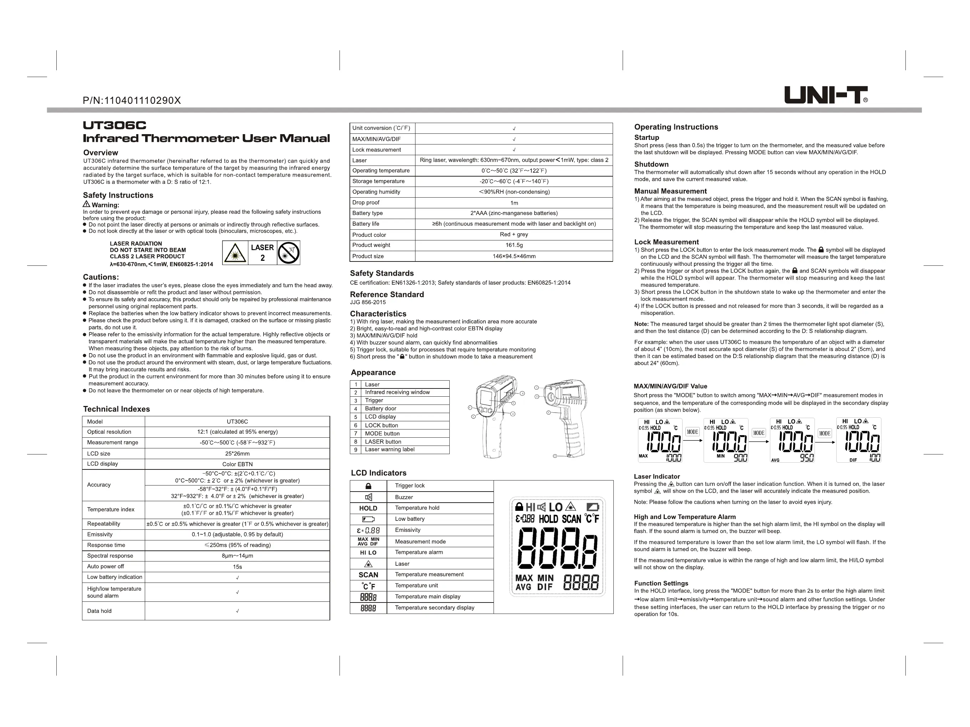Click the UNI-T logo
825,95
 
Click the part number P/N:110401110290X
132,101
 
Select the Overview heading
101,153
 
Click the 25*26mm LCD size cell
237,454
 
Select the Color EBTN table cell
237,464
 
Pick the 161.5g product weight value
514,245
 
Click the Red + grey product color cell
514,234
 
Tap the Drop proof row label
366,203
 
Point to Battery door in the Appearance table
381,408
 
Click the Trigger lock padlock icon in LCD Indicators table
368,486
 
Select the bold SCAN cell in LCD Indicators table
368,575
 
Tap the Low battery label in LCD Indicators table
409,519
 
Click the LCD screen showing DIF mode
858,440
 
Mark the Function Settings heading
661,583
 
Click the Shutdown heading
651,164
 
